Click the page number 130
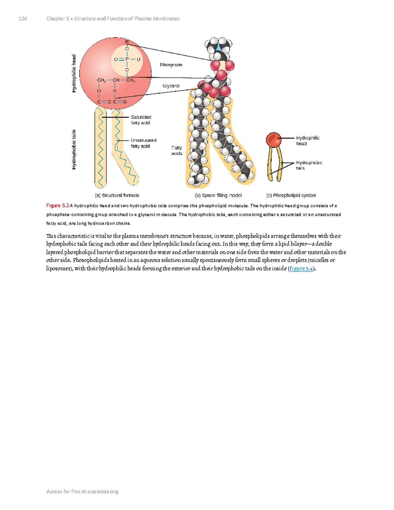coord(23,19)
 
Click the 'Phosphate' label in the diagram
coord(171,65)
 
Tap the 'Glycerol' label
coord(171,86)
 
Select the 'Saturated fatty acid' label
coord(141,120)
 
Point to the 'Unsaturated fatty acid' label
coord(143,143)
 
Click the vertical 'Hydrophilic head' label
coord(74,74)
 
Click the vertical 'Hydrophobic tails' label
coord(74,150)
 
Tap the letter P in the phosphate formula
coord(127,59)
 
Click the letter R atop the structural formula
coord(127,42)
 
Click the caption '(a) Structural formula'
coord(117,195)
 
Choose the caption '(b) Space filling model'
coord(218,195)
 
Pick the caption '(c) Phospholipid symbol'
coord(291,195)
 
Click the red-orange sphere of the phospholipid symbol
coord(273,140)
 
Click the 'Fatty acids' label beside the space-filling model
coord(177,150)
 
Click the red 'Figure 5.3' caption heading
coord(57,206)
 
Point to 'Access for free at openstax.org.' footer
coord(83,492)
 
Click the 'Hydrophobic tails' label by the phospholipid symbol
coord(309,165)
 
